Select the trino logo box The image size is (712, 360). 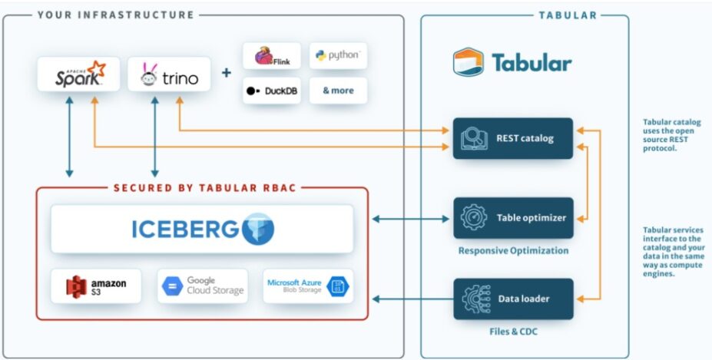[169, 74]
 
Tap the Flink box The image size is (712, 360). [271, 56]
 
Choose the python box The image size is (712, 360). [338, 56]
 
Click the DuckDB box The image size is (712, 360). [271, 91]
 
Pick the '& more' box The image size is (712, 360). [338, 91]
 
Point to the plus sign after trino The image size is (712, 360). [227, 74]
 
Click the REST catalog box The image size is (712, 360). [513, 139]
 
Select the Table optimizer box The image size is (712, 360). [513, 218]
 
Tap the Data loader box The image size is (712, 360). [513, 299]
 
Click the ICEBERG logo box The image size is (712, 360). [203, 229]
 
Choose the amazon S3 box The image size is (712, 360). [96, 286]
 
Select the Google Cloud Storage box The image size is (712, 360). [203, 286]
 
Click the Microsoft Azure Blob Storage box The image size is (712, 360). [307, 286]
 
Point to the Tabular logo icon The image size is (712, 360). [468, 61]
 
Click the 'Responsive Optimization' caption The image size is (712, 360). [513, 250]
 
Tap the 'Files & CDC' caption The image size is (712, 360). [513, 332]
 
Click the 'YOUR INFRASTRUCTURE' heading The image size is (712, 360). [115, 15]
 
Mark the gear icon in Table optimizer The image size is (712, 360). [474, 218]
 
